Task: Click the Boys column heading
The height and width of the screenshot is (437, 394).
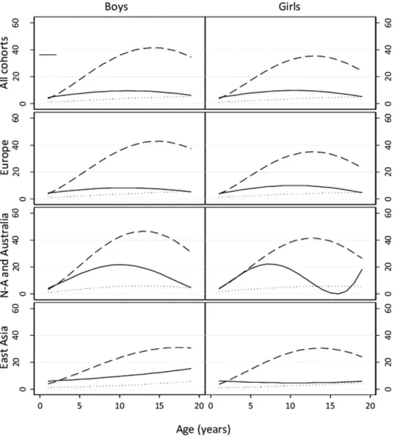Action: [x=116, y=7]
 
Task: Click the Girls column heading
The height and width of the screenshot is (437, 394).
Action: [x=289, y=7]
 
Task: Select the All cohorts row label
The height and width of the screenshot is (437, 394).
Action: [x=4, y=63]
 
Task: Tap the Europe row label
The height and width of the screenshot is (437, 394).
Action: [x=4, y=158]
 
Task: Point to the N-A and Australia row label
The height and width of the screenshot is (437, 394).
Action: [x=4, y=255]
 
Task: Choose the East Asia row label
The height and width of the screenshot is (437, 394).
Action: [x=4, y=348]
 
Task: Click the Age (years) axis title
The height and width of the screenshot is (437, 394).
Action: [x=203, y=430]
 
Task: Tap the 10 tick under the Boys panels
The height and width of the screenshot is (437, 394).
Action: [x=120, y=405]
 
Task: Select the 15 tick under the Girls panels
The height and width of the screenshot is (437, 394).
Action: [x=330, y=405]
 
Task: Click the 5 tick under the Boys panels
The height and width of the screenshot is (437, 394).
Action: [x=80, y=405]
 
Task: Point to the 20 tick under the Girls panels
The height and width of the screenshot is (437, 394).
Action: [x=371, y=405]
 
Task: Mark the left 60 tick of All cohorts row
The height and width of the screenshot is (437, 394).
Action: [x=16, y=23]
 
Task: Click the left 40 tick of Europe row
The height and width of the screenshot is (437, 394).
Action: [x=16, y=145]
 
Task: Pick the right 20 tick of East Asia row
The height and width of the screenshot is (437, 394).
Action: [x=388, y=362]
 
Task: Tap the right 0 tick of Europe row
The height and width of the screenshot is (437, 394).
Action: [x=388, y=199]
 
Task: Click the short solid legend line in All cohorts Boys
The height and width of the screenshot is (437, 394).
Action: [x=48, y=54]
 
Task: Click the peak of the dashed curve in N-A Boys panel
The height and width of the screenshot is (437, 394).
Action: [x=144, y=231]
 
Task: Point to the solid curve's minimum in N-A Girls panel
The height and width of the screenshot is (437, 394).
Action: [x=338, y=294]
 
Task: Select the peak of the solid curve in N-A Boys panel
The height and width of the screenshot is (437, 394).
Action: [x=119, y=265]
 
